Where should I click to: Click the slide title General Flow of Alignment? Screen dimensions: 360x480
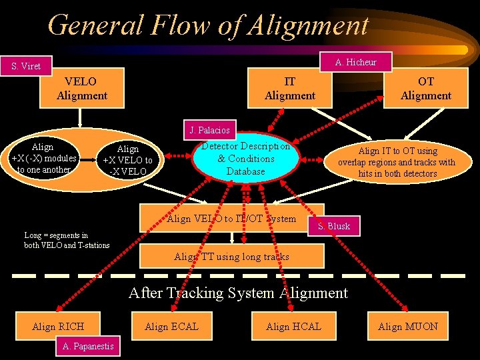(x=208, y=25)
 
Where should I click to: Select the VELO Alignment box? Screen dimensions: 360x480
(x=82, y=88)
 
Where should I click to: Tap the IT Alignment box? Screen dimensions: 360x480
(x=290, y=88)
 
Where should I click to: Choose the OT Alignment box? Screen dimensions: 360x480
(x=426, y=88)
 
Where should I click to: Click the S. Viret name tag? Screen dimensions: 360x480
(x=26, y=66)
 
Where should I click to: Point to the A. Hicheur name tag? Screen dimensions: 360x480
(x=356, y=62)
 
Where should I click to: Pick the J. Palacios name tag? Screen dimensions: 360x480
(x=209, y=130)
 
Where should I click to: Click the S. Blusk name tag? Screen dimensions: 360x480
(x=334, y=226)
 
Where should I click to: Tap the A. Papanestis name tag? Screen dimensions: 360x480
(x=88, y=345)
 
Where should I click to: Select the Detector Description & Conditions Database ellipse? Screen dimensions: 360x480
(x=247, y=159)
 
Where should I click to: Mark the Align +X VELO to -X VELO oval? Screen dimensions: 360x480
(x=127, y=160)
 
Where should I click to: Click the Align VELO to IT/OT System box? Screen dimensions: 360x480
(x=231, y=219)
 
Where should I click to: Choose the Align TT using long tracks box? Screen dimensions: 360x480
(x=231, y=256)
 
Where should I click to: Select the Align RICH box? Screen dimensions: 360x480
(x=59, y=326)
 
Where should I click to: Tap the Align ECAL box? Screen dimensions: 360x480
(x=171, y=326)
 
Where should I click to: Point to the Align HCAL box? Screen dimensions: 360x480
(x=293, y=326)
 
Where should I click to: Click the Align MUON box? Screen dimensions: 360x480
(x=408, y=326)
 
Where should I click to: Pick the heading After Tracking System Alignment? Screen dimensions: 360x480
(x=238, y=293)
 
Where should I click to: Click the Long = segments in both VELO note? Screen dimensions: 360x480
(x=67, y=240)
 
